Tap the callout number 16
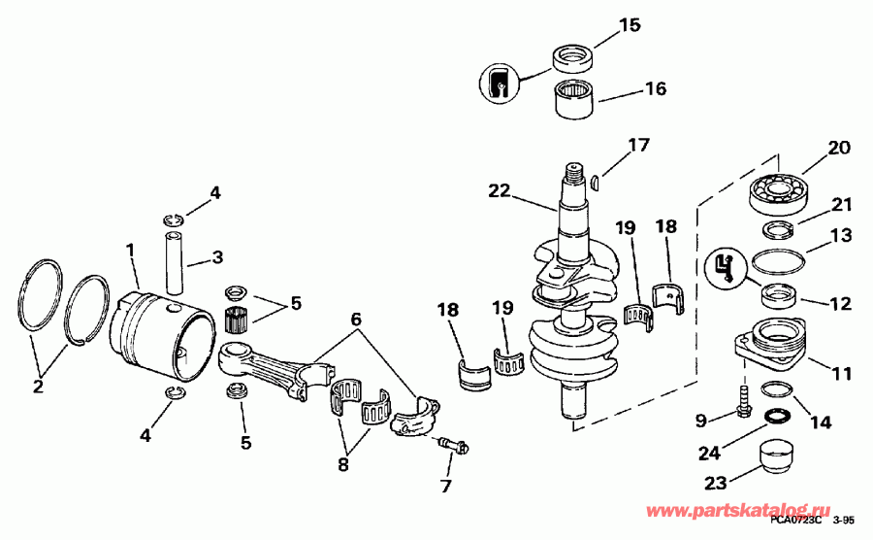tap(655, 89)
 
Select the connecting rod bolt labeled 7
tap(453, 446)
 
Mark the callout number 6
tap(355, 317)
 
